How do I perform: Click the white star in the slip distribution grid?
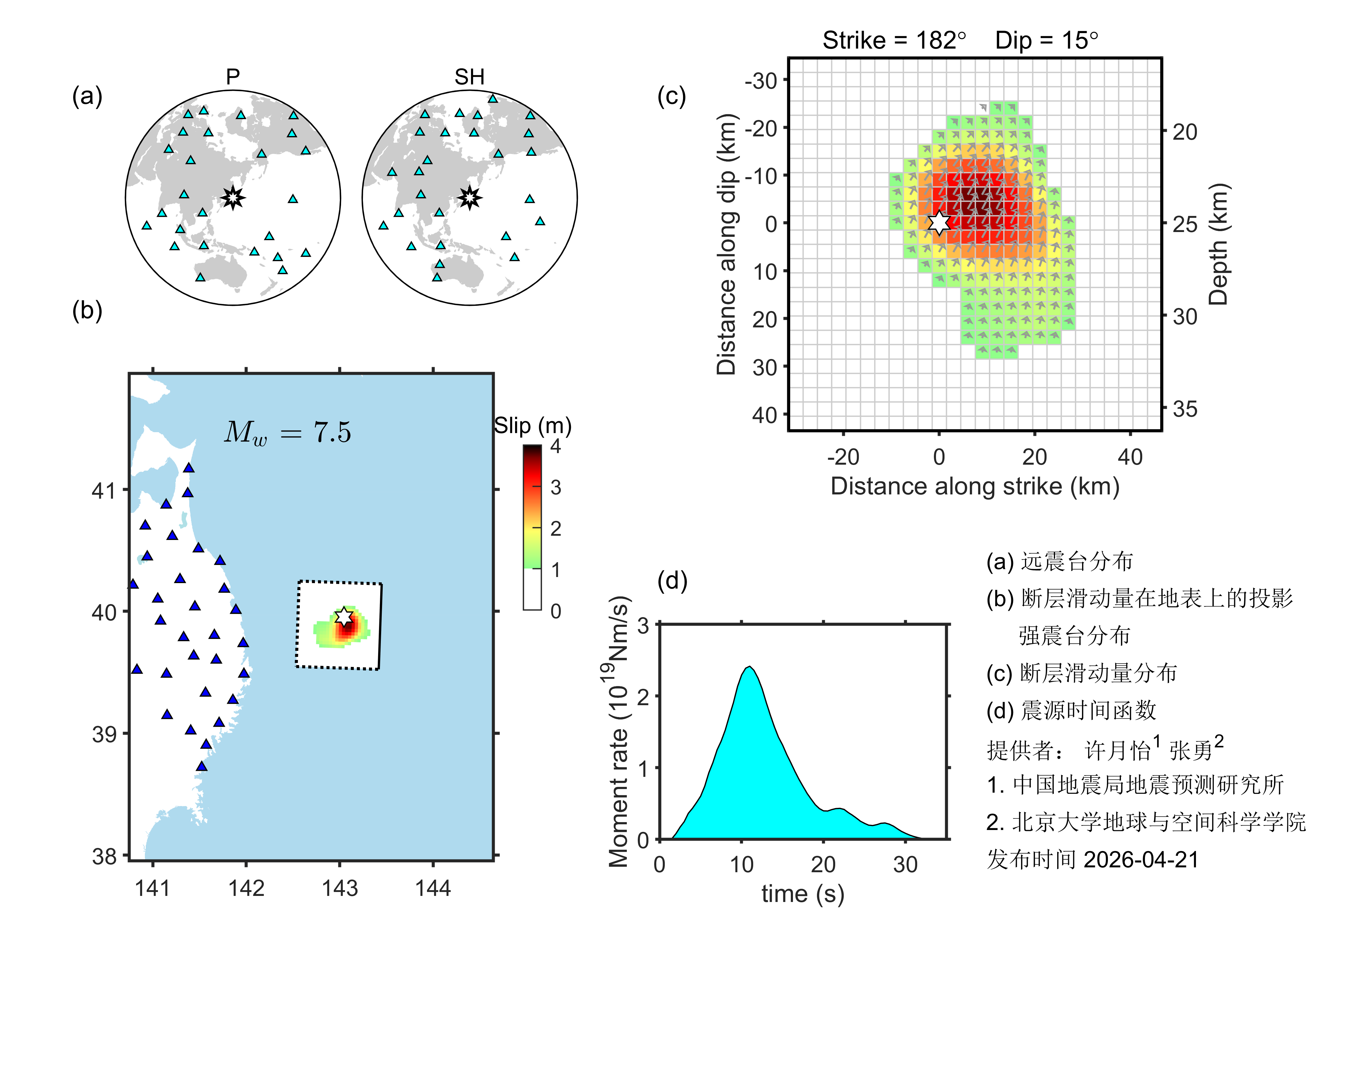point(938,222)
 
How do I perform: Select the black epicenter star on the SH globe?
point(469,198)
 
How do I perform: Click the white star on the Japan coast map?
point(343,616)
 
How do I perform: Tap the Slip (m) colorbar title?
point(532,426)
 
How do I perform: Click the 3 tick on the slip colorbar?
point(555,487)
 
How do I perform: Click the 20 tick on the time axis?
point(823,864)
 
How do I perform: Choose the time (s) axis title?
point(802,893)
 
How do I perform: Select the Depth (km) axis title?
point(1218,244)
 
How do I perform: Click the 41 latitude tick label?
point(104,490)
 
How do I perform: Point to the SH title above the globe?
point(469,77)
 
